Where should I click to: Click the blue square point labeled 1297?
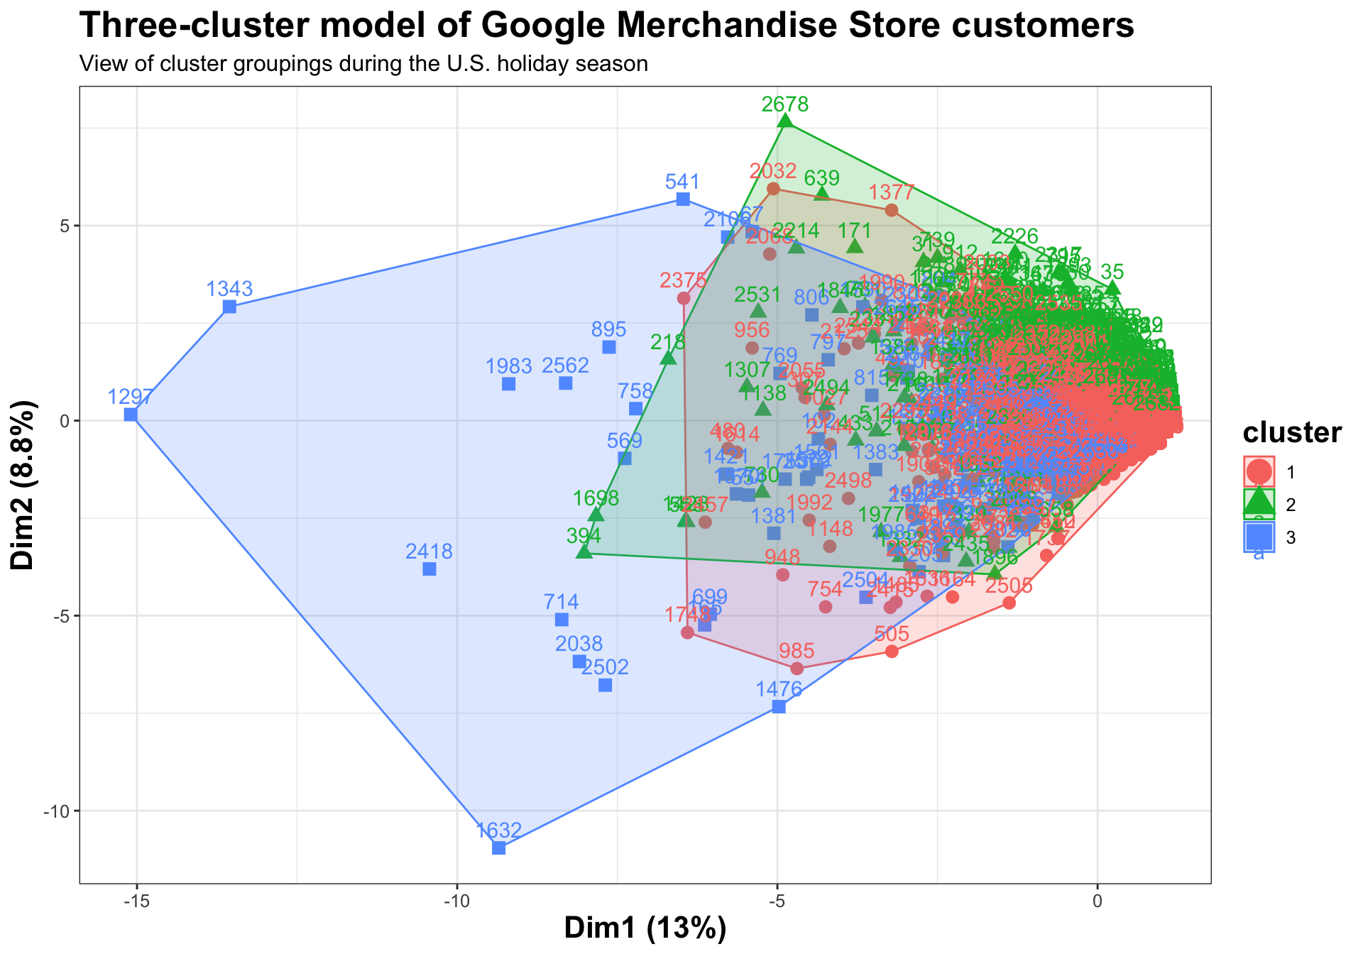point(131,415)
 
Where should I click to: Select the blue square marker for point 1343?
point(229,307)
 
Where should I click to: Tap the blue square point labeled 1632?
point(499,848)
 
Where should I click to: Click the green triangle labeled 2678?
point(785,121)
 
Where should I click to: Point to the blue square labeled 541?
point(683,199)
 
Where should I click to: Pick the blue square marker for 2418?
point(429,569)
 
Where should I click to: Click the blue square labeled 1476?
point(779,706)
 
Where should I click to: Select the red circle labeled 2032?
point(774,188)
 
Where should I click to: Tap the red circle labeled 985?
point(797,668)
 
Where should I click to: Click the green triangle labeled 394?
point(584,551)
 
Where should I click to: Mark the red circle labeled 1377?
point(892,209)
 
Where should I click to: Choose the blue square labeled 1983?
point(509,384)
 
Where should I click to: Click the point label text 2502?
point(605,667)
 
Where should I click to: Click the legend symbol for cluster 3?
point(1259,537)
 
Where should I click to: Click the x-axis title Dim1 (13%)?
point(645,929)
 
